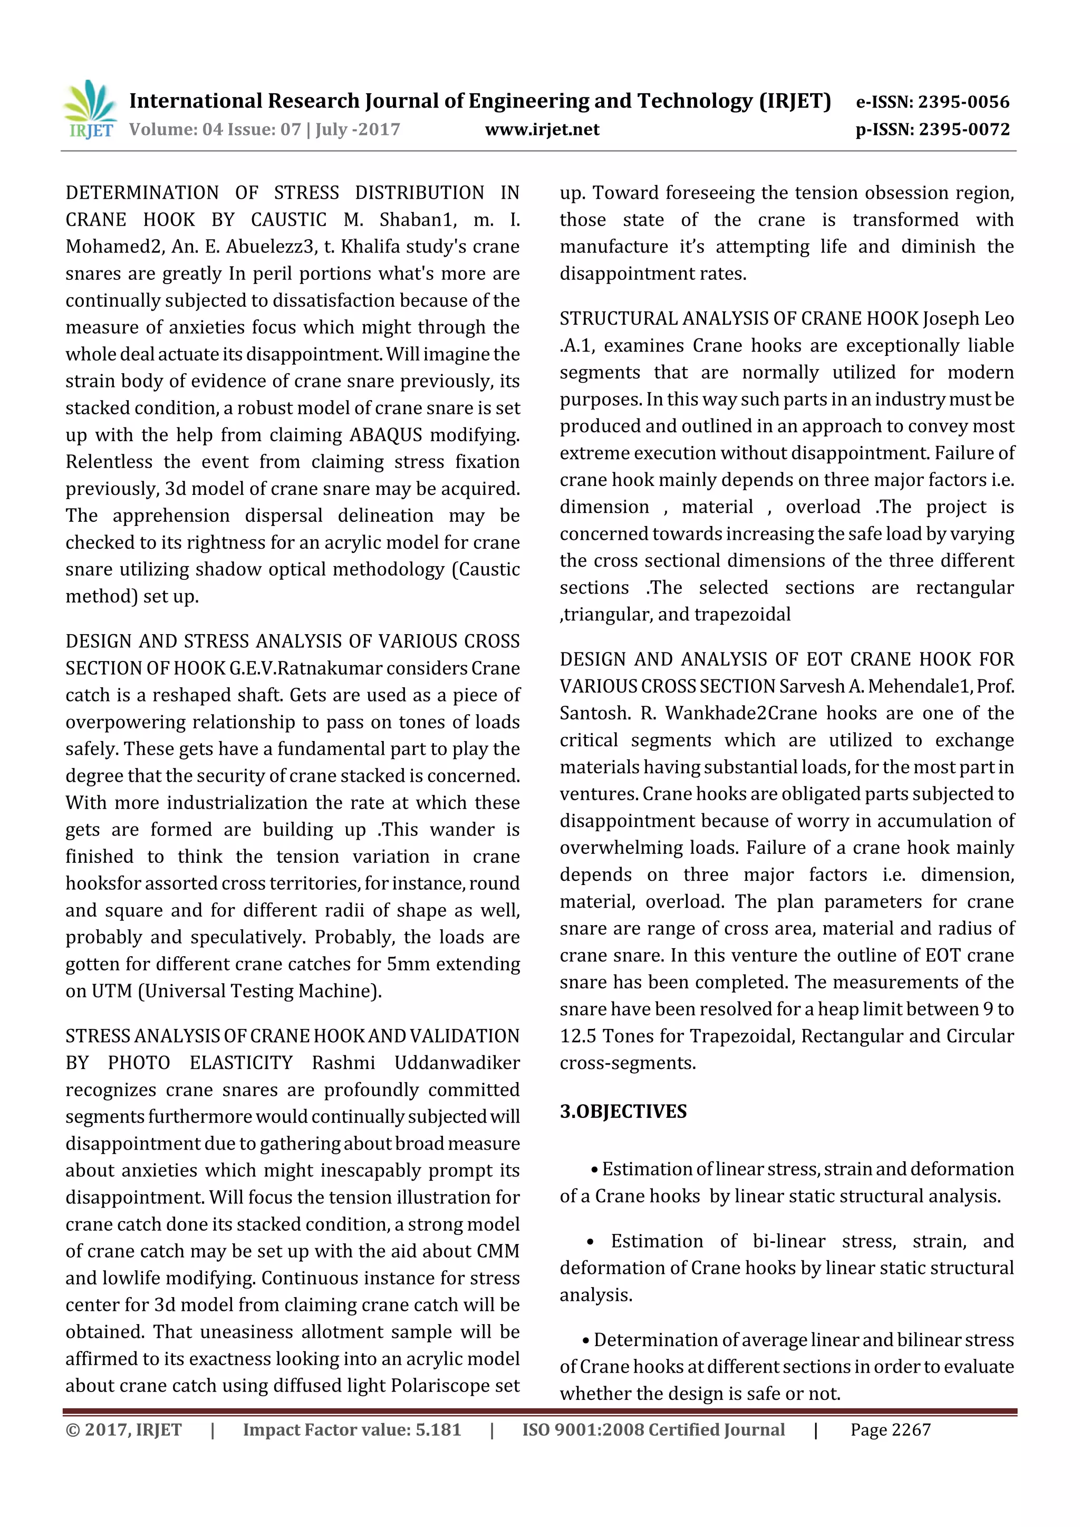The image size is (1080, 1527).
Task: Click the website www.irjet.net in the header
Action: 542,130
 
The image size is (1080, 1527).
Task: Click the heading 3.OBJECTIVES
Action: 623,1111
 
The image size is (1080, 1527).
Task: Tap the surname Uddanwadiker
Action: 457,1063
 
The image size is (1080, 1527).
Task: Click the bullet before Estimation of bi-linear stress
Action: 590,1242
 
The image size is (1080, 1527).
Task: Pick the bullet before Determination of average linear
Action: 585,1340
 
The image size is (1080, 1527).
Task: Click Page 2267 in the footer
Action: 890,1430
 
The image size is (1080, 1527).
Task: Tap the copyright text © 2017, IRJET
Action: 124,1430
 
